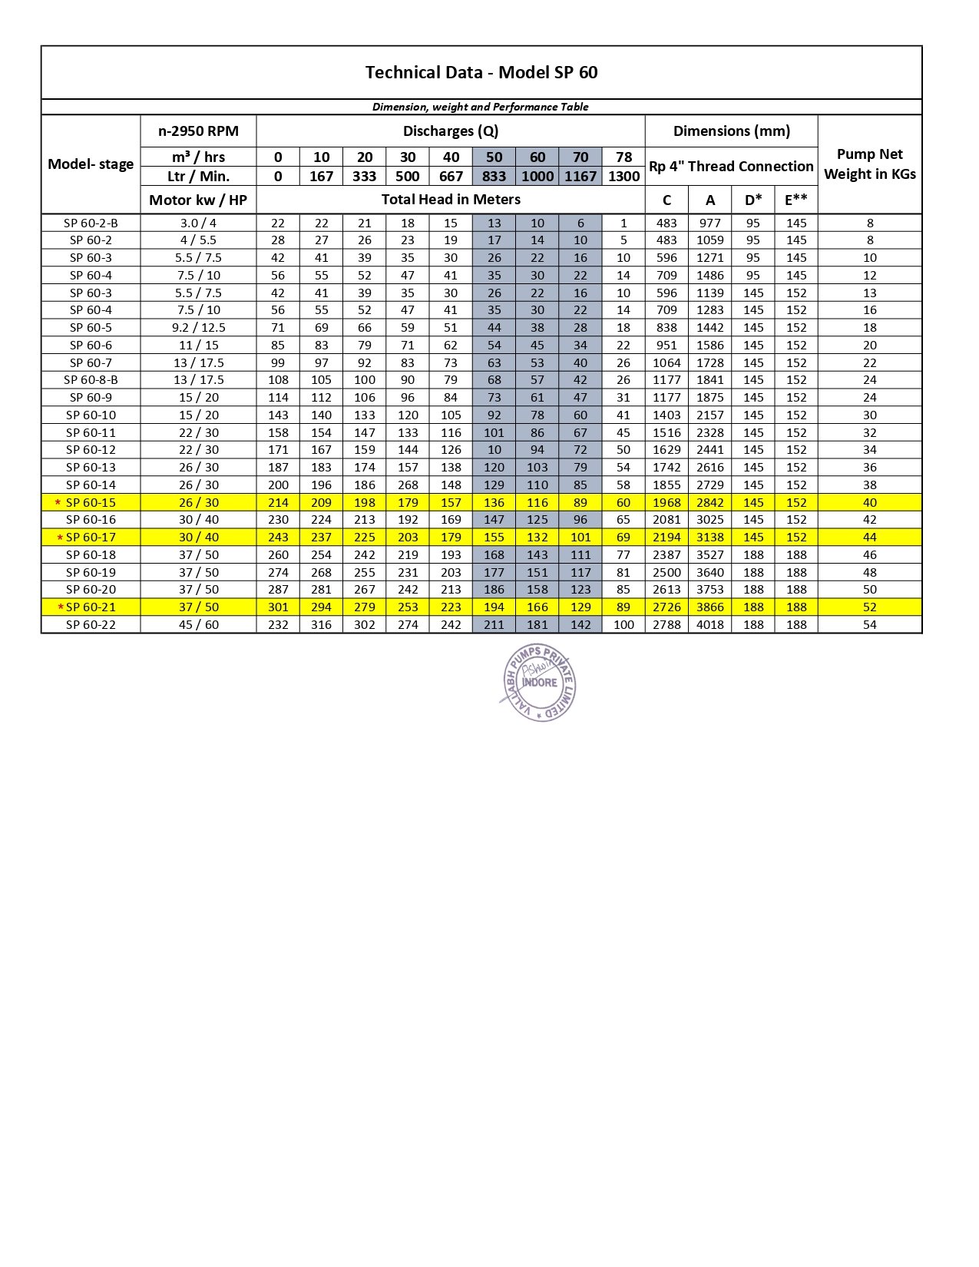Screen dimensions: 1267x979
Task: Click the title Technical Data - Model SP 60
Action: point(481,72)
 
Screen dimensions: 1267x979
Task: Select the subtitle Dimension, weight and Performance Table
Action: point(481,107)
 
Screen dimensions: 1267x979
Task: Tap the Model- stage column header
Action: point(91,164)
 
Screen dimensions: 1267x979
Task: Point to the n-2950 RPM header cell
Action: point(198,131)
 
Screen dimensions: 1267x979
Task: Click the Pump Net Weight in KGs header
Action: point(869,164)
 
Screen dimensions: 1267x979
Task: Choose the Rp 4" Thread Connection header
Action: point(731,166)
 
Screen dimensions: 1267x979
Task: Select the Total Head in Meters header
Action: point(451,200)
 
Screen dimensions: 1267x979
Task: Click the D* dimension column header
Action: point(753,200)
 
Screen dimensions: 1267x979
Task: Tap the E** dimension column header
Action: point(796,200)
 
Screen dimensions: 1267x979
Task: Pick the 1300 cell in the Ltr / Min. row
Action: point(623,176)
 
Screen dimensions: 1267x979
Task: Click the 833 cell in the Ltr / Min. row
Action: point(494,176)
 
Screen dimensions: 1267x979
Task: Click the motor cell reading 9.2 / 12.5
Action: point(198,327)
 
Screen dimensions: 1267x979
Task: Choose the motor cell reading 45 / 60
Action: point(198,624)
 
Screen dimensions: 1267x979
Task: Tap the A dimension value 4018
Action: point(710,624)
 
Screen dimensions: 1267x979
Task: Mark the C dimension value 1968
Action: point(666,502)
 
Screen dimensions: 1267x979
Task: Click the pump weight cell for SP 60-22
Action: point(869,624)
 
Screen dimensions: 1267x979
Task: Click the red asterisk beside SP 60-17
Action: point(60,538)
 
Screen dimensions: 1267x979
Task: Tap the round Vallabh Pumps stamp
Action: point(538,682)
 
